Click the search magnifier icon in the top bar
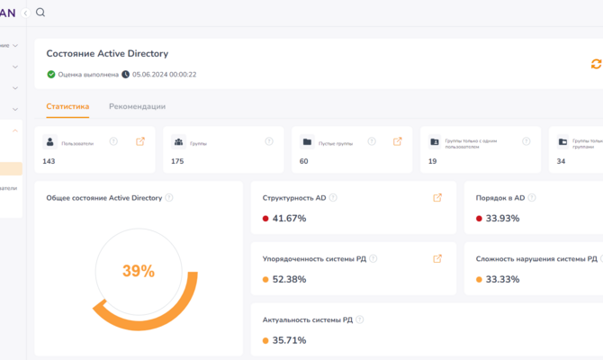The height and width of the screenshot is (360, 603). coord(40,13)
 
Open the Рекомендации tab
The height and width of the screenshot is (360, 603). coord(137,106)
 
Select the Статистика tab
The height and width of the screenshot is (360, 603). coord(67,106)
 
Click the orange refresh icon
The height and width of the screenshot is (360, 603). coord(595,64)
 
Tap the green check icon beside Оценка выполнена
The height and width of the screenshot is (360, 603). coord(51,75)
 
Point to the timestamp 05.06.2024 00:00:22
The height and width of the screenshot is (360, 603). coord(164,75)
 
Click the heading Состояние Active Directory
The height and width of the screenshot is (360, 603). coord(107,54)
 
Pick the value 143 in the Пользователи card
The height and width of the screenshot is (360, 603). coord(49,161)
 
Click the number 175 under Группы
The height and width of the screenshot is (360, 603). coord(177,161)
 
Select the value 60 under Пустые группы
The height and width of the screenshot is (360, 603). coord(304,161)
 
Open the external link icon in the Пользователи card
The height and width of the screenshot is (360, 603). coord(139,141)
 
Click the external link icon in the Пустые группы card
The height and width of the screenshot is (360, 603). coord(398,141)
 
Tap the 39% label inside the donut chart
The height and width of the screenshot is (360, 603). coord(139,271)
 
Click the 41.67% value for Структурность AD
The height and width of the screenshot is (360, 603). coord(289,219)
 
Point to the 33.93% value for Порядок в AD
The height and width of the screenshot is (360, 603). coord(503,219)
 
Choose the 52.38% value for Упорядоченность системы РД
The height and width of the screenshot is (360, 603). coord(289,279)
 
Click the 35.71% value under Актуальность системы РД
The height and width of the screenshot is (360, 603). coord(289,340)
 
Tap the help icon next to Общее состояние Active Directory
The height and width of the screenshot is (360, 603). coord(169,198)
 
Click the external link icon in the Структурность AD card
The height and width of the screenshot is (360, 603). coord(437,198)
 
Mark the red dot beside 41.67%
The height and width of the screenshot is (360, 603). coord(265,219)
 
